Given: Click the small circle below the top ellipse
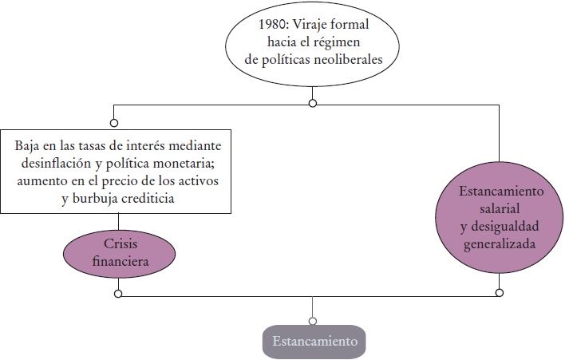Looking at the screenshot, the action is coord(312,104).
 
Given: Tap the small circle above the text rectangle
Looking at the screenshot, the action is coord(114,123).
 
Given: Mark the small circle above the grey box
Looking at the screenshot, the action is coord(312,321).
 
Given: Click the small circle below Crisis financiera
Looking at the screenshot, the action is coord(118,294).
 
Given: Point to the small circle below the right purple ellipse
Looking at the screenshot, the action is coord(500,293).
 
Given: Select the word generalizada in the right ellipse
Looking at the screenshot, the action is coord(500,243).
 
